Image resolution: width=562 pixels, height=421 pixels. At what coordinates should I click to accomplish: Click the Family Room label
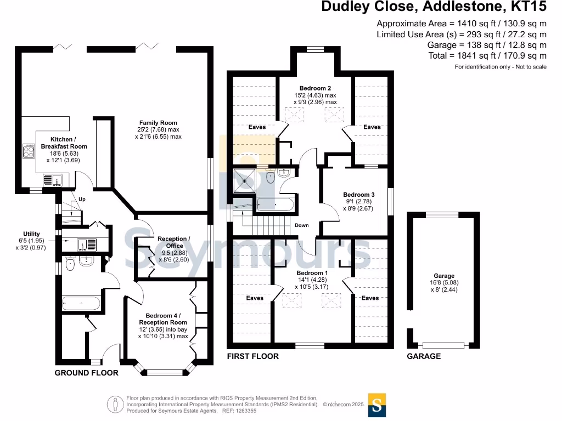(158, 123)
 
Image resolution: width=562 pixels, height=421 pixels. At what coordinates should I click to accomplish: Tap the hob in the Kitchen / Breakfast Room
(29, 151)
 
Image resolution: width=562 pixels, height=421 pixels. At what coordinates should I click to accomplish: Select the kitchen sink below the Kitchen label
(53, 180)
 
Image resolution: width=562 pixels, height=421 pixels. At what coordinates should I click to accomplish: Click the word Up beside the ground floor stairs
(82, 200)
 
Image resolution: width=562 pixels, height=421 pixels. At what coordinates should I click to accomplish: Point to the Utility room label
(31, 234)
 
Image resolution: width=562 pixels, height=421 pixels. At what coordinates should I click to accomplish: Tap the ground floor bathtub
(81, 303)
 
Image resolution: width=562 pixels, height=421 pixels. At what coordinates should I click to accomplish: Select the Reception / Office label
(174, 242)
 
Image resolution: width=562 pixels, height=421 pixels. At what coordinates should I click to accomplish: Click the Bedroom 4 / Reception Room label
(163, 319)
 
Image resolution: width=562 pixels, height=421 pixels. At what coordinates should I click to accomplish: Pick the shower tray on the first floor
(244, 181)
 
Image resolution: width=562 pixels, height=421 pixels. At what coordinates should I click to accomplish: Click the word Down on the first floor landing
(302, 225)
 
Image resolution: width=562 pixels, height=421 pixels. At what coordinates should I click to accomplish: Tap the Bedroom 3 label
(359, 195)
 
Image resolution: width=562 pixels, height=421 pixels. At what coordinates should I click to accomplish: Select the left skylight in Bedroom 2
(294, 115)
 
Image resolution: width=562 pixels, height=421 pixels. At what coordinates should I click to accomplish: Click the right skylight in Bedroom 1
(331, 301)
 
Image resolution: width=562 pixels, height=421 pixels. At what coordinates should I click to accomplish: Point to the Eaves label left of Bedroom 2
(257, 127)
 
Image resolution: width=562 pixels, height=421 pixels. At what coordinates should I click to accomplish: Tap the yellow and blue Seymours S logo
(377, 405)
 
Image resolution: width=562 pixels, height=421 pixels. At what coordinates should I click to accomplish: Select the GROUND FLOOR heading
(86, 373)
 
